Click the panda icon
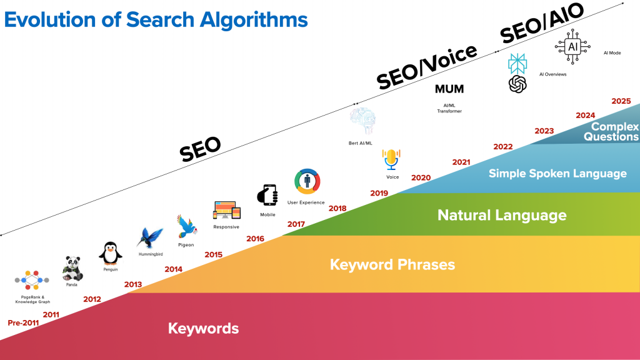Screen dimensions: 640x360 (72, 269)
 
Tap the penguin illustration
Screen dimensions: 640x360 (110, 254)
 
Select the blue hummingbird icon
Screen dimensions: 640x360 (150, 238)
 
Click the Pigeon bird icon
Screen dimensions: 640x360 (186, 226)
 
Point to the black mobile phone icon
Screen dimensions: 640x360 (267, 195)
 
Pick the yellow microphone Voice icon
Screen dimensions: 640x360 (391, 159)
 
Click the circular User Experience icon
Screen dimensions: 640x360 (307, 182)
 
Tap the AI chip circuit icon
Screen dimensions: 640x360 (572, 46)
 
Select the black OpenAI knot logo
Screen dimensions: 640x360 (517, 84)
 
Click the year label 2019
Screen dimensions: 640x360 (379, 193)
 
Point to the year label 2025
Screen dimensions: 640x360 (621, 101)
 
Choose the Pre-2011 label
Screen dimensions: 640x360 (23, 323)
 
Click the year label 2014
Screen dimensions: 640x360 (174, 269)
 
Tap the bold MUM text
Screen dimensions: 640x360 (449, 89)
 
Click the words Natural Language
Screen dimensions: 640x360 (502, 215)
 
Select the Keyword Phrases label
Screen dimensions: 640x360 (392, 264)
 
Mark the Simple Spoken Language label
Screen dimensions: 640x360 (557, 174)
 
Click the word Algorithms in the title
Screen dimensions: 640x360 (254, 19)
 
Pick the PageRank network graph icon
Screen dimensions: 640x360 (32, 280)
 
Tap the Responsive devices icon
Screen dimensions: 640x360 (226, 211)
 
